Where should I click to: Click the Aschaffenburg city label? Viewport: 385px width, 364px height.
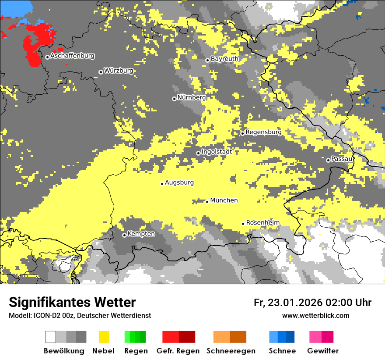[72, 56]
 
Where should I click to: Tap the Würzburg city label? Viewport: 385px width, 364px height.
[119, 71]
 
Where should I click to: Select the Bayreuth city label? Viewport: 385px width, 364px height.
[224, 59]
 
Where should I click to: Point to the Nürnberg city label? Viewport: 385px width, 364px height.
[191, 97]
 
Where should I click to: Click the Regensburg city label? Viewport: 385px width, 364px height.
[263, 132]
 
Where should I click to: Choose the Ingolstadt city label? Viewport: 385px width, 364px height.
[217, 152]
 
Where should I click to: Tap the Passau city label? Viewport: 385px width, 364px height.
[342, 159]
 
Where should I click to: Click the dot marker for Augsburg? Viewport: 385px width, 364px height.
[162, 184]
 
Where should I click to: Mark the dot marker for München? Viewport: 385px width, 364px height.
[207, 202]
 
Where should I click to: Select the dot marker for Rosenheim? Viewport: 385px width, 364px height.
[243, 224]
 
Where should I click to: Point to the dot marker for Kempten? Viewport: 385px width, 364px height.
[124, 235]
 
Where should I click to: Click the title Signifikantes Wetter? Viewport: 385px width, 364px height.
[72, 303]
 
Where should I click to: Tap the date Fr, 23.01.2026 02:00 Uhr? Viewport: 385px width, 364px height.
[312, 303]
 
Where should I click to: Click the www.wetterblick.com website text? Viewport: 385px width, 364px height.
[315, 315]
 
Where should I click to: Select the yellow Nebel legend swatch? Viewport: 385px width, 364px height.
[104, 337]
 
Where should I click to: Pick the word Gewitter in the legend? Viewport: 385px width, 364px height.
[322, 351]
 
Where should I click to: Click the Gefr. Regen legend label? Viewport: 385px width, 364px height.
[178, 351]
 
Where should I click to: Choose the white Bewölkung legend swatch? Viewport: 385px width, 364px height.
[51, 337]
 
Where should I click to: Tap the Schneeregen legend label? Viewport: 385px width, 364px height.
[231, 351]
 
